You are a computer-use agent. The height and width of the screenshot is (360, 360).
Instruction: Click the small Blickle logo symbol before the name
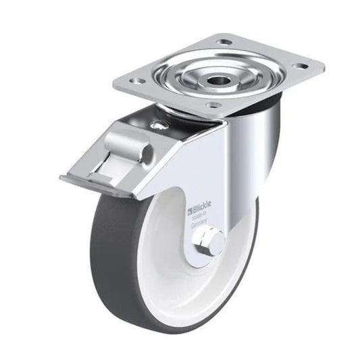pyautogui.click(x=190, y=211)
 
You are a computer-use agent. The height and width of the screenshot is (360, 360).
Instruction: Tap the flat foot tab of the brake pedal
pyautogui.click(x=95, y=182)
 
